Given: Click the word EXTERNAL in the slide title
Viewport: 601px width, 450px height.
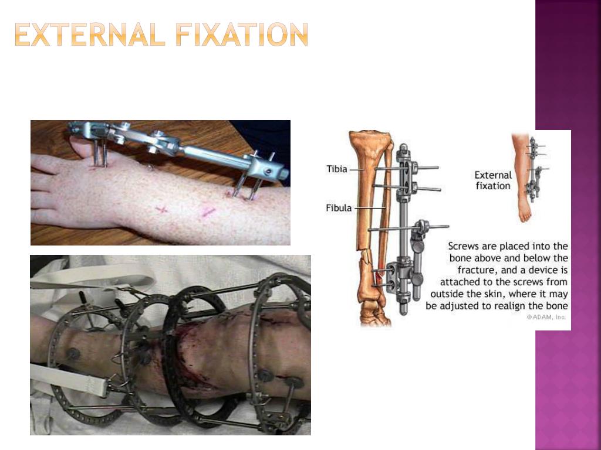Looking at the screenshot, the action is [x=90, y=35].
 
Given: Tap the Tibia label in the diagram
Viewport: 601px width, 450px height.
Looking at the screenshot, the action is [x=336, y=169].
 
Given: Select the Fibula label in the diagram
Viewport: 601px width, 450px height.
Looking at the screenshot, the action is [x=339, y=208].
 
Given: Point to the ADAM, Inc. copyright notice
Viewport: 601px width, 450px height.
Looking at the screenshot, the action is [x=546, y=317].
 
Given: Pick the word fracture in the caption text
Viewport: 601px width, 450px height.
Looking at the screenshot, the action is [x=475, y=270].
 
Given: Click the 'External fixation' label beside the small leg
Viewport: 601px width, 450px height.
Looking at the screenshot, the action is [x=493, y=180].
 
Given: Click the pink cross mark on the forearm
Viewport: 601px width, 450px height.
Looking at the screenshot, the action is [x=161, y=209].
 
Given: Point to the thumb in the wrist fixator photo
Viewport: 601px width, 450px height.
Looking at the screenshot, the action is [x=82, y=146].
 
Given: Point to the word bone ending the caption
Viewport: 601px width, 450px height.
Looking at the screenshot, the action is [x=558, y=306].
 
